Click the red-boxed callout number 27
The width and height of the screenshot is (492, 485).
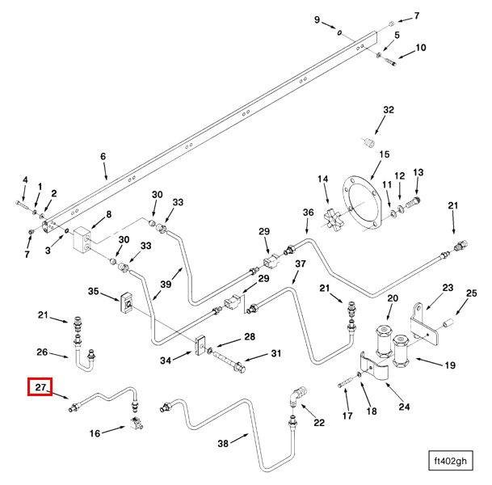coord(40,389)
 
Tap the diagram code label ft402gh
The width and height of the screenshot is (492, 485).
coord(450,462)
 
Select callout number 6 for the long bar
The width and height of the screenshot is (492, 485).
coord(103,157)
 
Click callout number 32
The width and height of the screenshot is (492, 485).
coord(388,110)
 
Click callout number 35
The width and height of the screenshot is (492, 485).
coord(93,292)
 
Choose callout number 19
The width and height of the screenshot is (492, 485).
coord(449,365)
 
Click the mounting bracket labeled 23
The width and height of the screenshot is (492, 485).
coord(417,322)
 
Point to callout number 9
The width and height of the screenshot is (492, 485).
coord(317,19)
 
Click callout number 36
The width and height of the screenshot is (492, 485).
coord(308,213)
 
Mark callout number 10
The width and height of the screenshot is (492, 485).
coord(420,48)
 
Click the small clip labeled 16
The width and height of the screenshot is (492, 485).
coord(135,423)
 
